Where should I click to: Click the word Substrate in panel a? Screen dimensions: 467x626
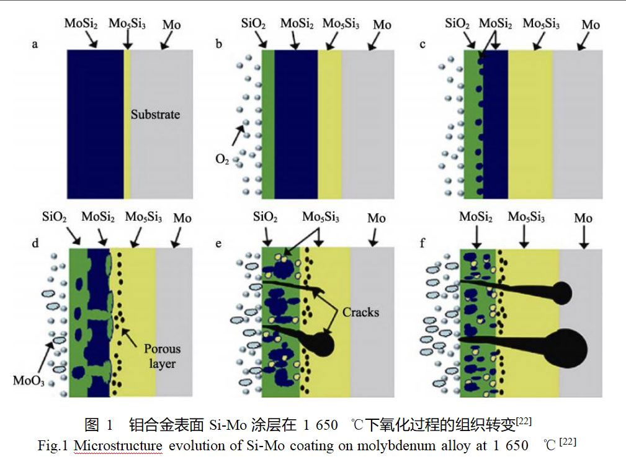[155, 115]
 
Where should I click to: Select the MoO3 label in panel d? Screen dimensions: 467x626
[28, 379]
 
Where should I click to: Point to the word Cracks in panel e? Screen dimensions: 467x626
[360, 312]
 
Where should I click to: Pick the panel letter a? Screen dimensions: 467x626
[35, 45]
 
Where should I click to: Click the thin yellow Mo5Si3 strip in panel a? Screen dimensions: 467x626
[127, 124]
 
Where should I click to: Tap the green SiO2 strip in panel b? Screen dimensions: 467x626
[268, 124]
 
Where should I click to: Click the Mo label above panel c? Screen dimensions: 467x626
[591, 25]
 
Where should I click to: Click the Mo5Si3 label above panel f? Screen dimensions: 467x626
[526, 218]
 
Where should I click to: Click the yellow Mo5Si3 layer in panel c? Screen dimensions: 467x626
[530, 124]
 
